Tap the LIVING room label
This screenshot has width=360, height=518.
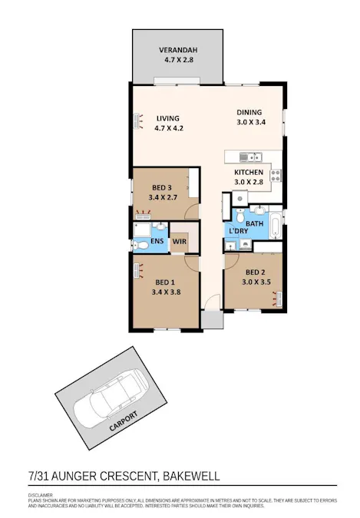(x=167, y=118)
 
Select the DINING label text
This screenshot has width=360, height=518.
(x=248, y=112)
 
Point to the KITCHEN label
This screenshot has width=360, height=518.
(x=249, y=173)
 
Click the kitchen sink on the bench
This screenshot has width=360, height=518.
(x=247, y=157)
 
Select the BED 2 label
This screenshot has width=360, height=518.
(x=256, y=272)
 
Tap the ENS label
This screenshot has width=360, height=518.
(x=157, y=242)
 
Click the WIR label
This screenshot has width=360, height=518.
(x=180, y=242)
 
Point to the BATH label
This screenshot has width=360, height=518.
(x=255, y=223)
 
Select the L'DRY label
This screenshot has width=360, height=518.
(x=238, y=231)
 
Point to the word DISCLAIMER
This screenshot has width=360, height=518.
(x=41, y=495)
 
